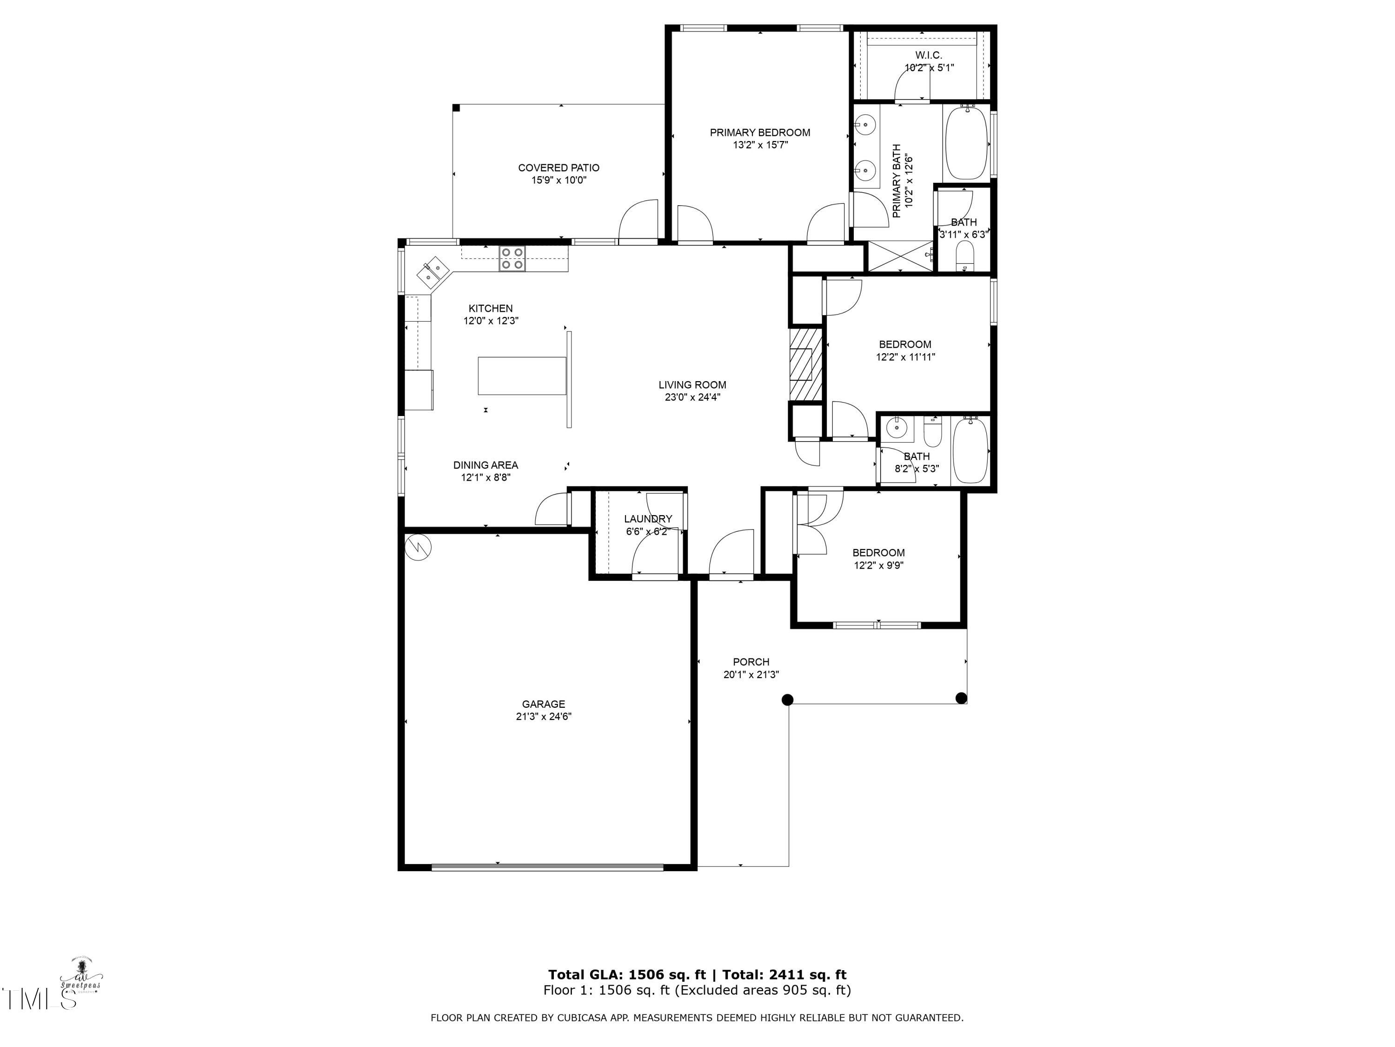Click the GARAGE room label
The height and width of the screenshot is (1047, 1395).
coord(543,704)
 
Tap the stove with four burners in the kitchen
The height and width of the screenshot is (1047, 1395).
coord(511,259)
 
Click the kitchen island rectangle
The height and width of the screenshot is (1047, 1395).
coord(522,376)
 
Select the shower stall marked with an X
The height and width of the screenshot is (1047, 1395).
coord(900,256)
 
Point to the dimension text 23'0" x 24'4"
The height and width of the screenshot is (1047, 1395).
coord(692,397)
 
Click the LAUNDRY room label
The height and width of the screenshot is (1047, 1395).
coord(648,519)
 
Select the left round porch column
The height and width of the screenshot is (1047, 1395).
coord(787,699)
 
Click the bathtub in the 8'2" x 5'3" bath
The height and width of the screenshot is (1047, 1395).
coord(970,450)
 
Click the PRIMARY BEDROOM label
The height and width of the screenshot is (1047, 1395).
coord(759,133)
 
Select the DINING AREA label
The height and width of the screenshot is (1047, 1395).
coord(485,465)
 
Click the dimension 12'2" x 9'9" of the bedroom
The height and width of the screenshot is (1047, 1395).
coord(878,565)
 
